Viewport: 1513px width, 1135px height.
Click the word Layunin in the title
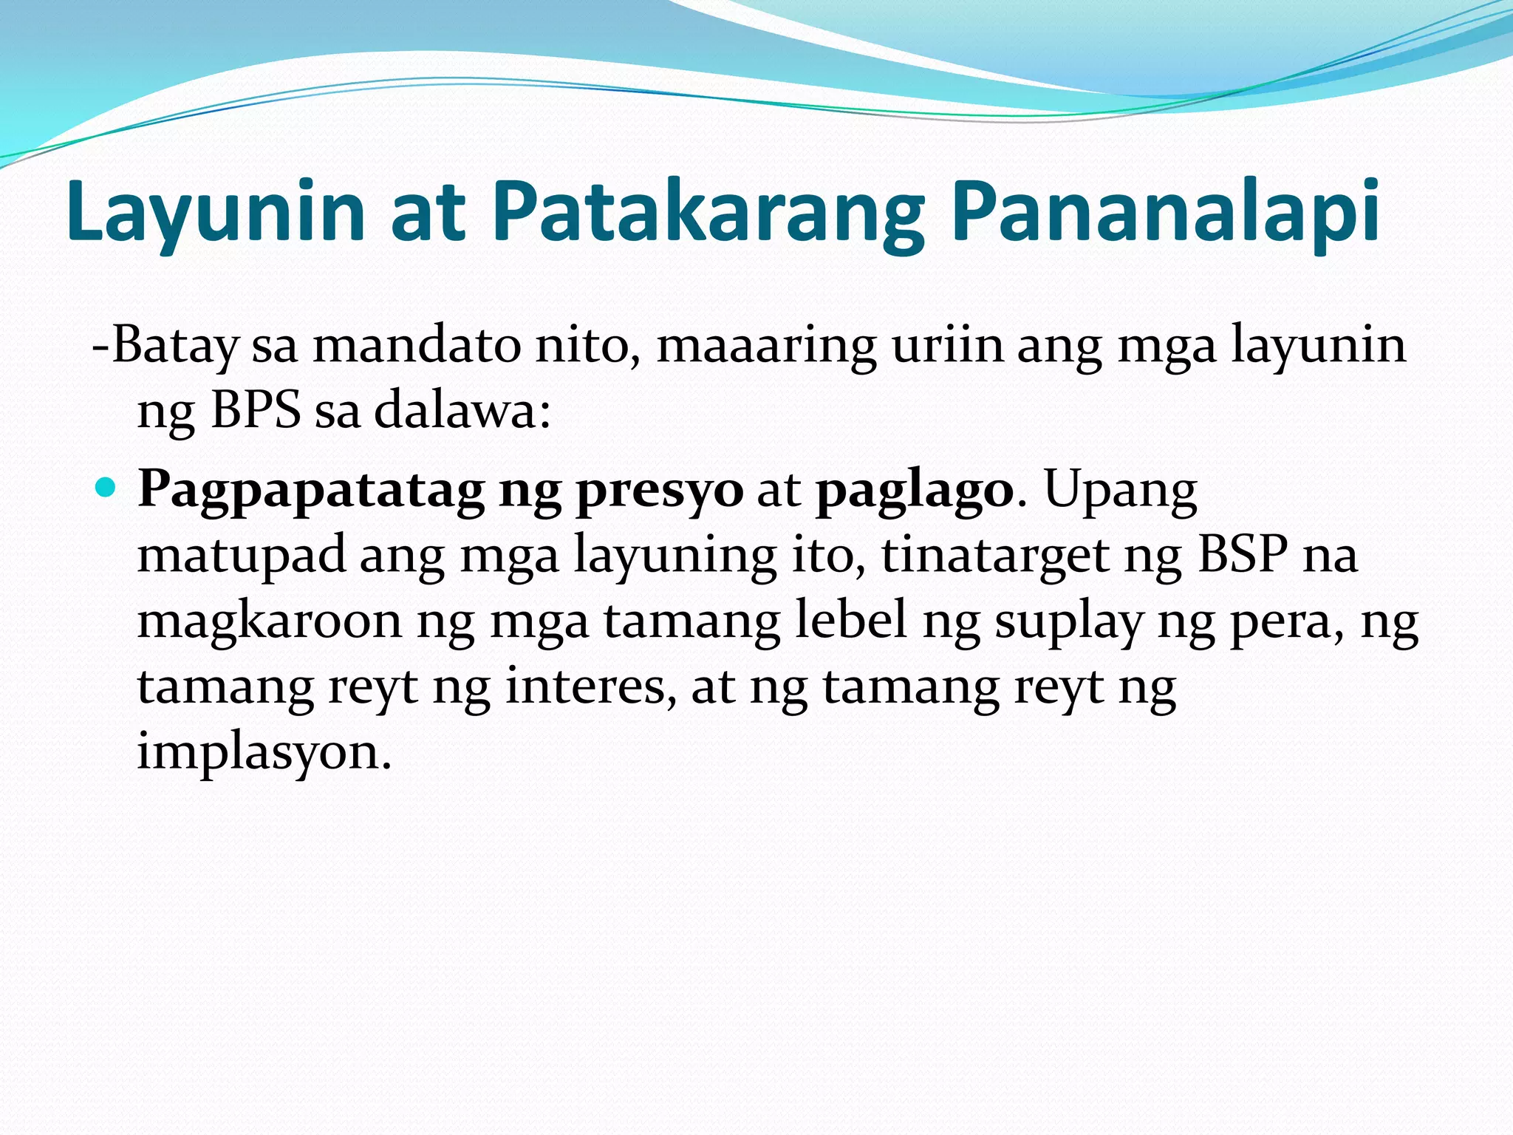point(215,212)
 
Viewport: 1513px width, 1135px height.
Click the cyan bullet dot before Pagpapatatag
point(106,488)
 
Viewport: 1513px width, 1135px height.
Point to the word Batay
point(174,346)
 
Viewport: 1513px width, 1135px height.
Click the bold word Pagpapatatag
point(310,490)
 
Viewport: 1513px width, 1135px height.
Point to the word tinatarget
point(994,554)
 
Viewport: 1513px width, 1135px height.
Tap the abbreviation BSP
point(1243,554)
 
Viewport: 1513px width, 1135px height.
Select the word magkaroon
point(270,621)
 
